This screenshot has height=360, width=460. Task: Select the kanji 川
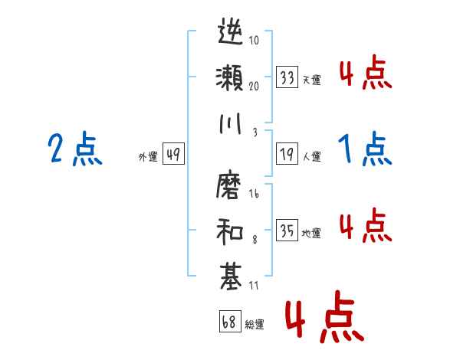point(231,123)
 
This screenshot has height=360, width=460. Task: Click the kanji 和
point(231,230)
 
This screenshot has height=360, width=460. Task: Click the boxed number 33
point(287,77)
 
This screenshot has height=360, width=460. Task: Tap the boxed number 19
point(287,154)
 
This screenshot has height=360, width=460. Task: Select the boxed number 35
point(287,231)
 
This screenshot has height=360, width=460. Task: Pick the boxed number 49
point(173,154)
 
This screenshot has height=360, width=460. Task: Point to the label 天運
point(311,80)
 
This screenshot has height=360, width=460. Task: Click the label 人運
point(311,156)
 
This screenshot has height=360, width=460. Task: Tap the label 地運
point(311,233)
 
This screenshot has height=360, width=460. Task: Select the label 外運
point(147,156)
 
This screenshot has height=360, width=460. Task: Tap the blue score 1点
point(365,149)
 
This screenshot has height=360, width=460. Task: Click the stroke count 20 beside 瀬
point(253,85)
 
